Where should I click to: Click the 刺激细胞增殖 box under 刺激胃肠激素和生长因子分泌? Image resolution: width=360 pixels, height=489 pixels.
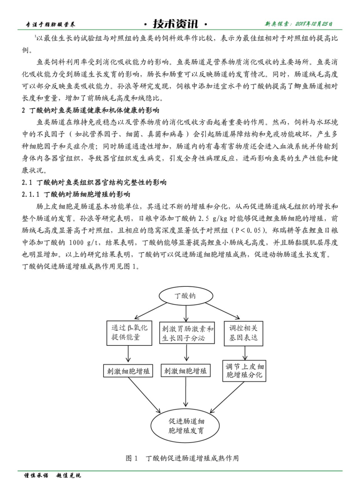coord(185,371)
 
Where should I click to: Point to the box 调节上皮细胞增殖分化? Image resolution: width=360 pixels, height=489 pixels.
coord(245,371)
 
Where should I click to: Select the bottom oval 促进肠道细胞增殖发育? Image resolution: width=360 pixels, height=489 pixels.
coord(186,424)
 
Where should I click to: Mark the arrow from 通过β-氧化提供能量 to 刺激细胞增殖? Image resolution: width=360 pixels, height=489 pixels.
coord(129,353)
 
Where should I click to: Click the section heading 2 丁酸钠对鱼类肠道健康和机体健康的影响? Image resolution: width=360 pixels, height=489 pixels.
coord(91,110)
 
